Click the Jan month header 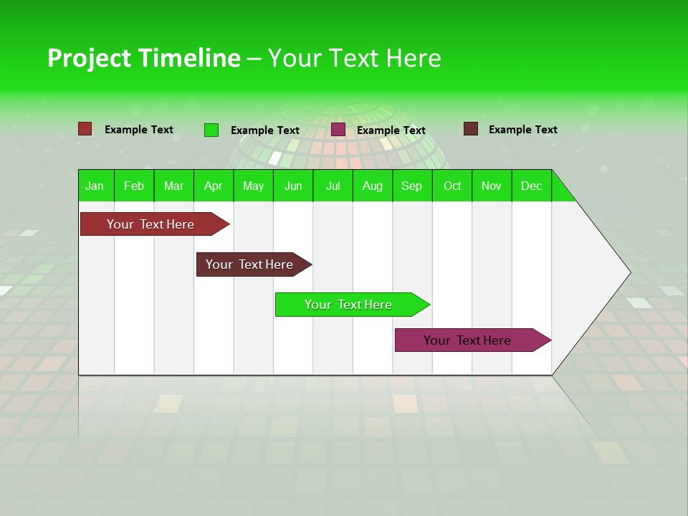pyautogui.click(x=95, y=186)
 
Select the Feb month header pyautogui.click(x=134, y=186)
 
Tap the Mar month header pyautogui.click(x=173, y=186)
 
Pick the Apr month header pyautogui.click(x=214, y=186)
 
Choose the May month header pyautogui.click(x=253, y=186)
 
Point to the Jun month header pyautogui.click(x=293, y=186)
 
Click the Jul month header pyautogui.click(x=333, y=186)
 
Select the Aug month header pyautogui.click(x=373, y=186)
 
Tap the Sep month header pyautogui.click(x=412, y=186)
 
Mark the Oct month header pyautogui.click(x=452, y=186)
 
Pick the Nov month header pyautogui.click(x=492, y=186)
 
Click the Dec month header pyautogui.click(x=532, y=186)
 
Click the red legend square pyautogui.click(x=85, y=129)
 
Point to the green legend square pyautogui.click(x=211, y=130)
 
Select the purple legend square pyautogui.click(x=338, y=130)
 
